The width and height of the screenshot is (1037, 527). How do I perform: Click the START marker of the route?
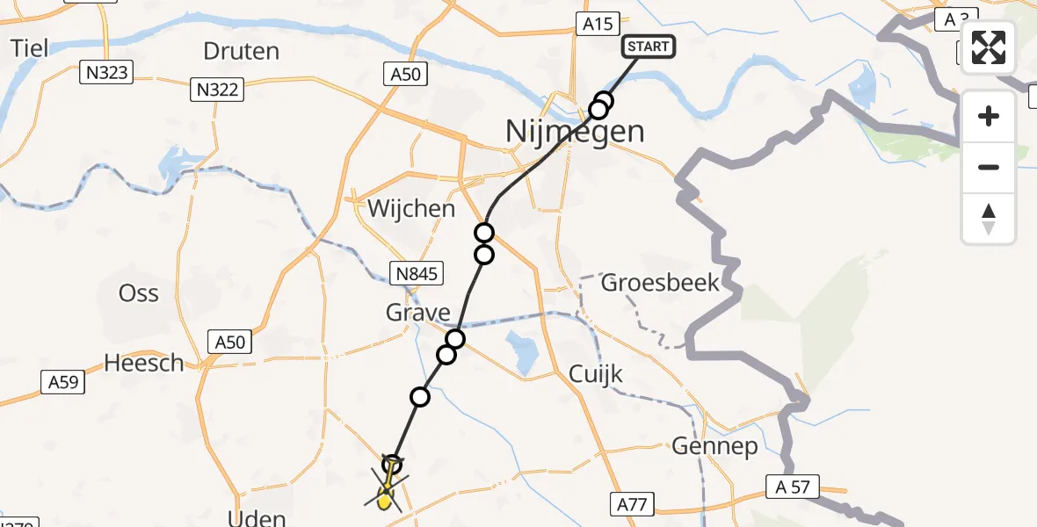(x=649, y=47)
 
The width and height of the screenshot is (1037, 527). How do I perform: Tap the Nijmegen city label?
(x=575, y=132)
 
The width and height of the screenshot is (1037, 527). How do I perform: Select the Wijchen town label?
(x=412, y=209)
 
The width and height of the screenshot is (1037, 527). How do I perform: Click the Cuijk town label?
(x=596, y=375)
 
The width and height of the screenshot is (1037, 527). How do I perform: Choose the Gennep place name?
(x=714, y=447)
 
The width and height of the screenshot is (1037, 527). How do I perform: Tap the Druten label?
(x=241, y=51)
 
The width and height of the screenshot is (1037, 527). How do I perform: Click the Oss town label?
(x=139, y=293)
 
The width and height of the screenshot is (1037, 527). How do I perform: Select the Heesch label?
(x=144, y=362)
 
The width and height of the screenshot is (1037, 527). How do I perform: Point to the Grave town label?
(x=418, y=313)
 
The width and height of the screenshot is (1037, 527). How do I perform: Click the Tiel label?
(x=29, y=47)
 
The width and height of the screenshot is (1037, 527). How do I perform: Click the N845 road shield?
(x=415, y=275)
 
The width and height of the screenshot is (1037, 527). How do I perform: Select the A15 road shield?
(x=598, y=24)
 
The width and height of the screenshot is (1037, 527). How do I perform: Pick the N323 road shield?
(x=107, y=73)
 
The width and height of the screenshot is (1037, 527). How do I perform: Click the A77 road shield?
(x=631, y=504)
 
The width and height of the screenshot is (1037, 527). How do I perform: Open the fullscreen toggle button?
(x=989, y=47)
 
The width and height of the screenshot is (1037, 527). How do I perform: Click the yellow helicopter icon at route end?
(x=384, y=500)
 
